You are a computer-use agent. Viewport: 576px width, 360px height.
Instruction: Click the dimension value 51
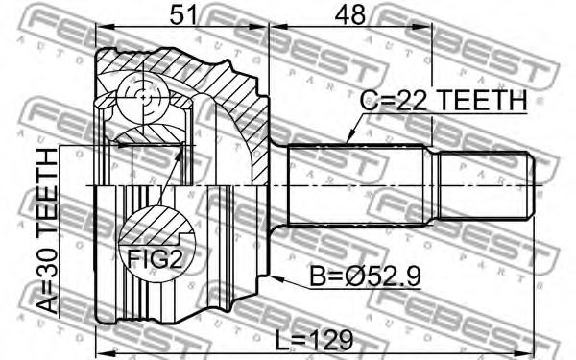tap(183, 14)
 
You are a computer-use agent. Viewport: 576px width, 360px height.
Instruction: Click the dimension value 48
tap(350, 14)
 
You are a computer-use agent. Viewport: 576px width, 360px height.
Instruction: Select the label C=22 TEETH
tap(444, 100)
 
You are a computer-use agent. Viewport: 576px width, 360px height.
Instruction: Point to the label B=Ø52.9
tap(366, 276)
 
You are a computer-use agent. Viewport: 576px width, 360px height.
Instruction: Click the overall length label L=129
tap(314, 340)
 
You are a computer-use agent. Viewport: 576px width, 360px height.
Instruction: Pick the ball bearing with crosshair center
tap(143, 97)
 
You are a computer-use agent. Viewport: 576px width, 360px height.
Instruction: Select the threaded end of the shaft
tap(486, 186)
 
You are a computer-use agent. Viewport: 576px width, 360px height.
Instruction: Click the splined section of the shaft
tap(357, 185)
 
